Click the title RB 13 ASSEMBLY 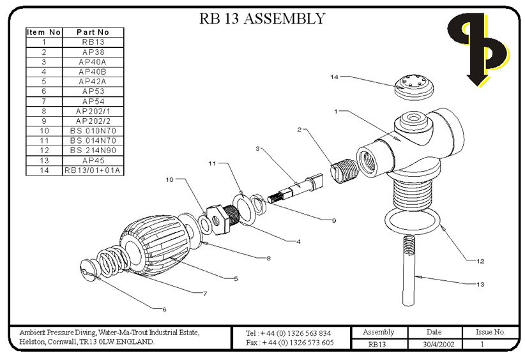[262, 19]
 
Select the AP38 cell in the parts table [94, 52]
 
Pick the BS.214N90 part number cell [94, 151]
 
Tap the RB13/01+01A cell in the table [94, 170]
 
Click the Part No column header [94, 32]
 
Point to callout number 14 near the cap [333, 77]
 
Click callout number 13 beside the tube [491, 283]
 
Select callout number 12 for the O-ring [480, 260]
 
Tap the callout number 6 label [164, 310]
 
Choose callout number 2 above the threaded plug [299, 130]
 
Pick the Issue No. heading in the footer [491, 333]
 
